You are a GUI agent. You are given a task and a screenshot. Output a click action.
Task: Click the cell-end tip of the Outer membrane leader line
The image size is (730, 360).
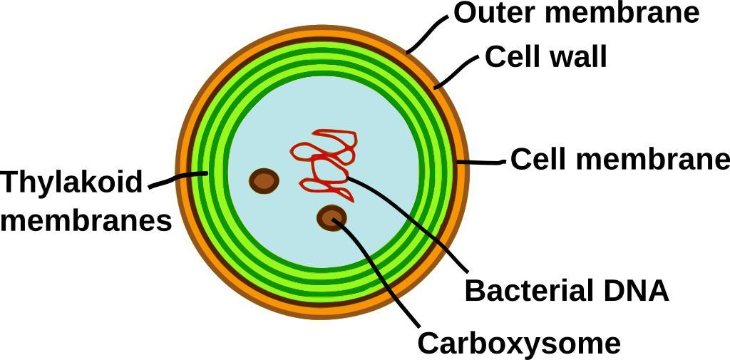[x=407, y=52]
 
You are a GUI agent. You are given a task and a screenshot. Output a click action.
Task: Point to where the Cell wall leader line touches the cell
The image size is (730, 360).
[x=435, y=87]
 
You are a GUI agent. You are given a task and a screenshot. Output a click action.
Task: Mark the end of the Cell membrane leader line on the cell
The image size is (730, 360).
[x=458, y=162]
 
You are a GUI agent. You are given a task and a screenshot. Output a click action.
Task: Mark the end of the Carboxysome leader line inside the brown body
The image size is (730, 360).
[x=334, y=220]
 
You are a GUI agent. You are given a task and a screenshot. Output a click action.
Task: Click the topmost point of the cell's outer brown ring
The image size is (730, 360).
[x=322, y=26]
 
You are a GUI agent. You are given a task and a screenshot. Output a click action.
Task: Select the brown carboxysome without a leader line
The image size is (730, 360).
[x=264, y=180]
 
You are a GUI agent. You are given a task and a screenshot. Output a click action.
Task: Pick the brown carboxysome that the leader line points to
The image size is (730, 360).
[x=331, y=218]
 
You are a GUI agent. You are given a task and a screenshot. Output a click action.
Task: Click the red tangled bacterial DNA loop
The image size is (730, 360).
[x=324, y=165]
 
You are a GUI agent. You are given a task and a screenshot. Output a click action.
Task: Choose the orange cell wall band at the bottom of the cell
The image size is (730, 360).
[x=322, y=309]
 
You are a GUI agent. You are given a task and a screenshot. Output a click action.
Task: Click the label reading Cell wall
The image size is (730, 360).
[x=545, y=57]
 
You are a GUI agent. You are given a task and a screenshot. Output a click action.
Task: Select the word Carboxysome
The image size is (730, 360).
[x=519, y=344]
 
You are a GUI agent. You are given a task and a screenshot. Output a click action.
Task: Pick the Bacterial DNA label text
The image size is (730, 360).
[x=567, y=291]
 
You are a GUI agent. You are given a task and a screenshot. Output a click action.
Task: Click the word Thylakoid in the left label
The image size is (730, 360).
[x=71, y=182]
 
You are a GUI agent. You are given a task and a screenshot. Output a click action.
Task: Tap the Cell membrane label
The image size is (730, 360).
[x=620, y=160]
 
